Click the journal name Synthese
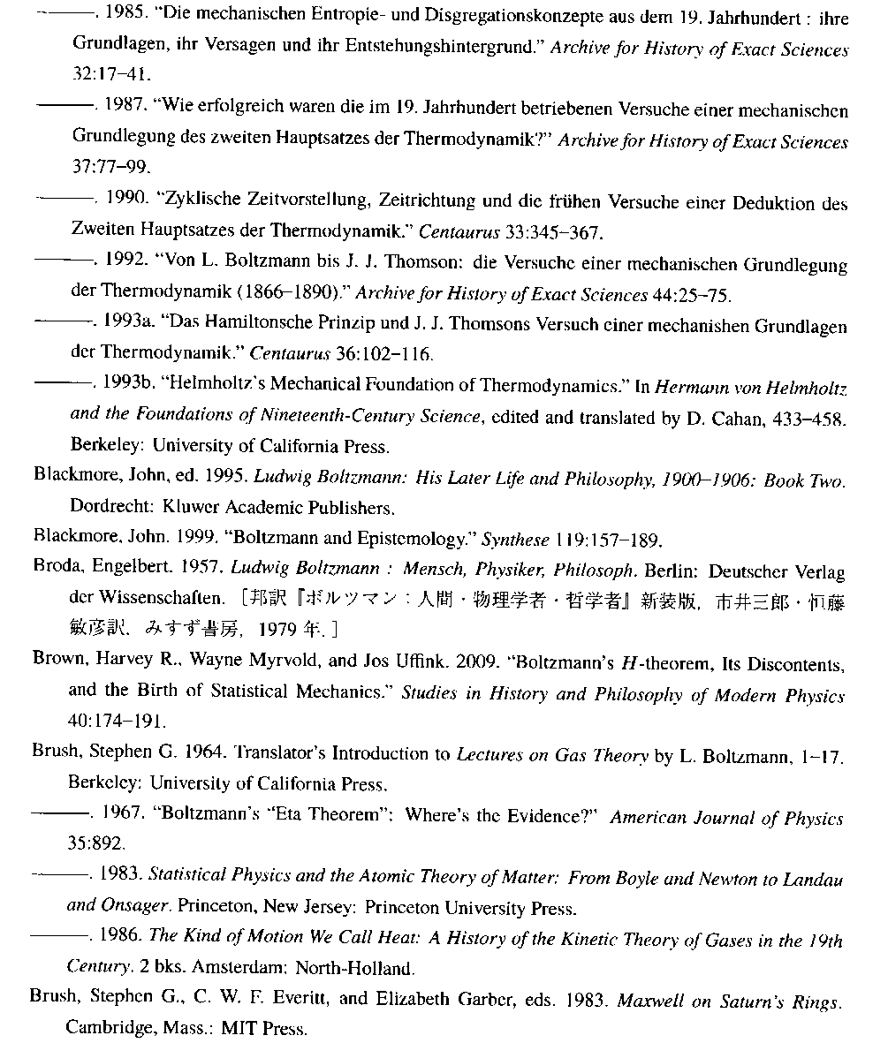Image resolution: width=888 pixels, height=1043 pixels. click(x=515, y=539)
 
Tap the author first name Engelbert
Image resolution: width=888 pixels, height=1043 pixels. click(x=133, y=570)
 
